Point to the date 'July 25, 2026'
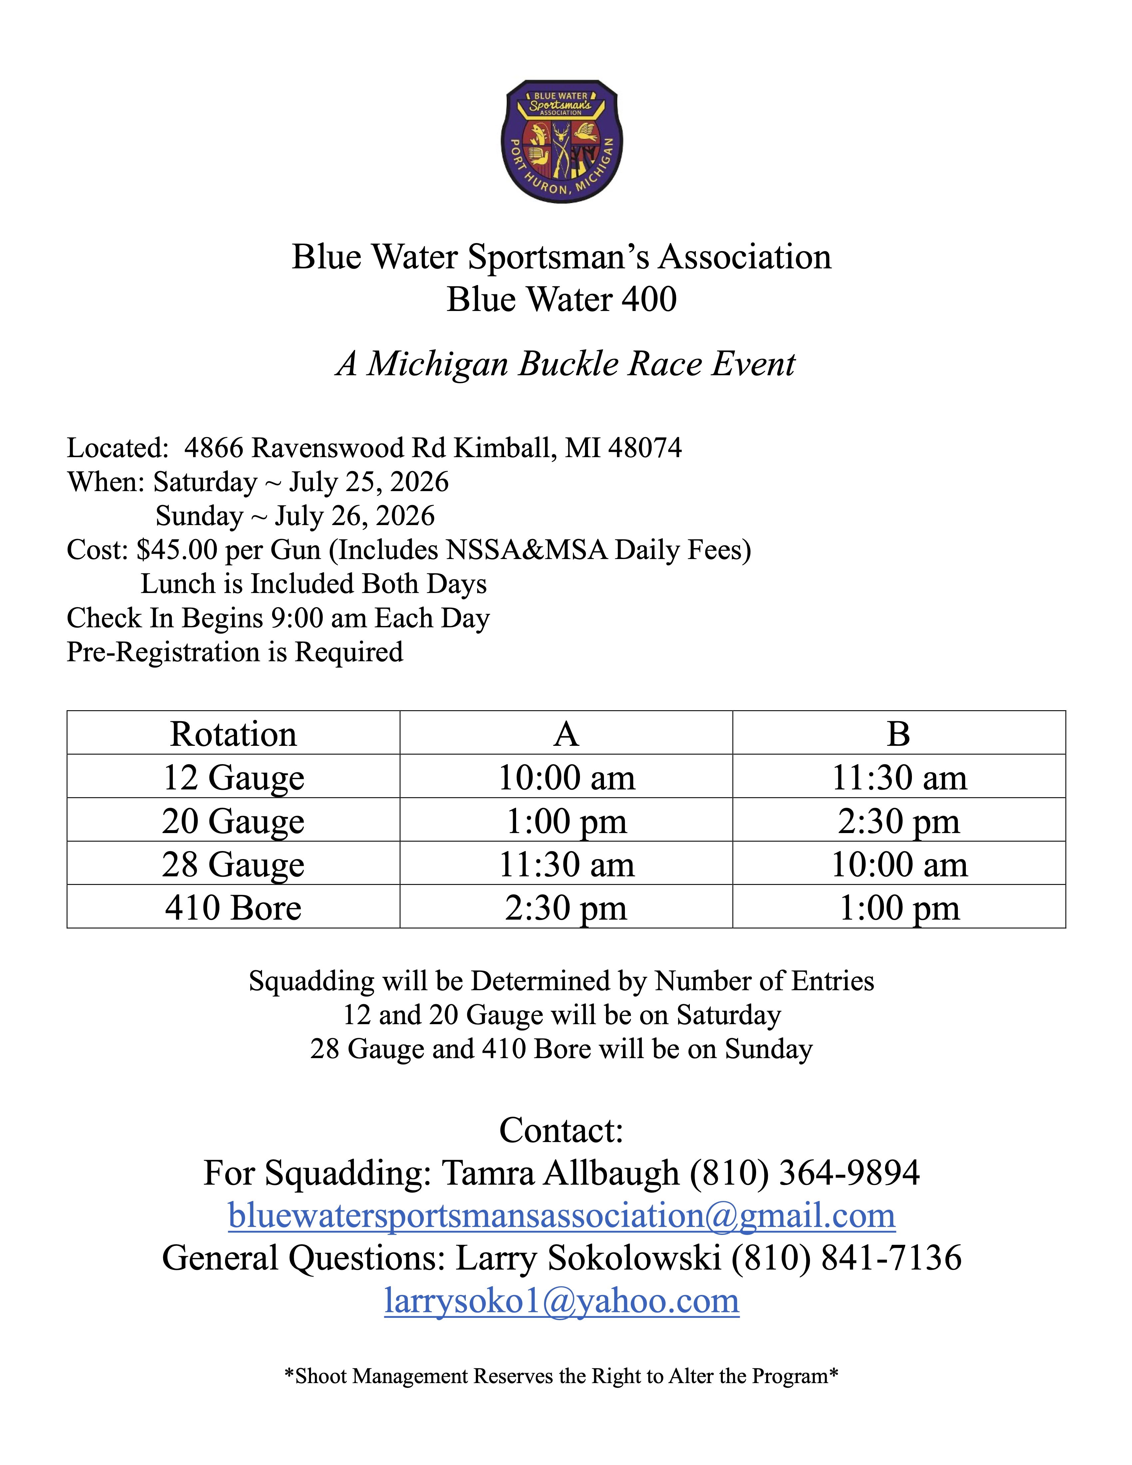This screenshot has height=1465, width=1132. [369, 482]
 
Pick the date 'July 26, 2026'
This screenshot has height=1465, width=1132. [355, 516]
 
